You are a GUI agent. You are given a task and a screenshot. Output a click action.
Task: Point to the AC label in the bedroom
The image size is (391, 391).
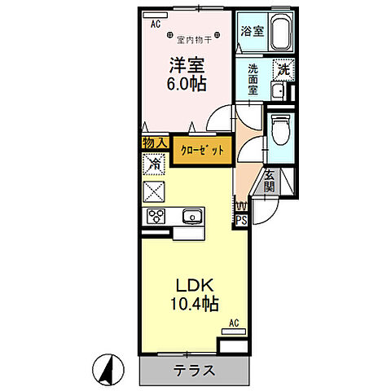click(155, 24)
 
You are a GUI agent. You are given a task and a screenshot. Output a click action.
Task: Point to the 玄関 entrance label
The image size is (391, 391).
click(270, 182)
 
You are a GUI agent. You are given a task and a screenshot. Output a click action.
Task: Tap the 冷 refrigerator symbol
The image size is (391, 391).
click(153, 164)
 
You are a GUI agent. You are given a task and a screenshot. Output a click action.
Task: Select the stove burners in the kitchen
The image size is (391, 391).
click(155, 216)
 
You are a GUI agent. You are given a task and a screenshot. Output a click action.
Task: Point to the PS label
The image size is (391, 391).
click(241, 218)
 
